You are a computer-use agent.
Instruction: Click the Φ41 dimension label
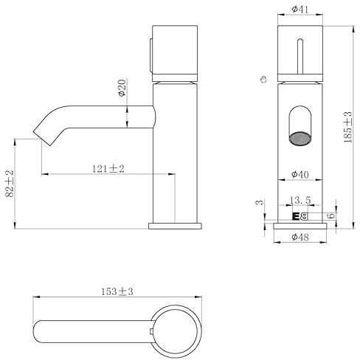pos(300,10)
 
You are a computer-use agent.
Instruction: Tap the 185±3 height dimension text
pos(347,127)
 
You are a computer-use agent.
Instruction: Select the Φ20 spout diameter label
pos(122,88)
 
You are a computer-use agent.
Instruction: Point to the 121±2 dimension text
pos(108,169)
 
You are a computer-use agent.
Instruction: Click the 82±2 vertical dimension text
pos(10,184)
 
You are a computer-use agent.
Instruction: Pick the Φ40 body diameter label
pos(300,174)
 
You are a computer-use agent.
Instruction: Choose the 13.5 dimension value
pos(300,200)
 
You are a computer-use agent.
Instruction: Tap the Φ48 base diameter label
pos(300,237)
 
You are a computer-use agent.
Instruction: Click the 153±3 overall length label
pos(117,291)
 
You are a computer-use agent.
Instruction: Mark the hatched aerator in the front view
pos(300,138)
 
